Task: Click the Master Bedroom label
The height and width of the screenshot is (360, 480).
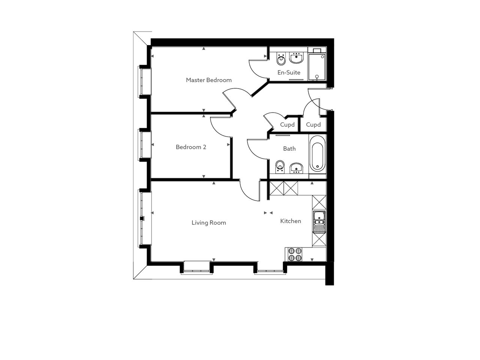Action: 208,80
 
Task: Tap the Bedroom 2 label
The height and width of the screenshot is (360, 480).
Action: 191,147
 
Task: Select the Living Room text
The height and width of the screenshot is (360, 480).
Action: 208,223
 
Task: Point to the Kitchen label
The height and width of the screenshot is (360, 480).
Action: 291,221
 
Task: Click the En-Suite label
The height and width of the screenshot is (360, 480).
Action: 289,73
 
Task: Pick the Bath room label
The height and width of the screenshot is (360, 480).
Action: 289,149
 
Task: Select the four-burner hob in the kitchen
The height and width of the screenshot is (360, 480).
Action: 294,255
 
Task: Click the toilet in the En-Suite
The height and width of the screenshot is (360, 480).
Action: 281,58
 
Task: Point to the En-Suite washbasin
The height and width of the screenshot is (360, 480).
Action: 296,58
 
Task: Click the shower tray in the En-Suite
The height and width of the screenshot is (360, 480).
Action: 317,67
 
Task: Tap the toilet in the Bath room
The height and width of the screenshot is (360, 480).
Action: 280,166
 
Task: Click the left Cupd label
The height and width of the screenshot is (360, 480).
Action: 287,125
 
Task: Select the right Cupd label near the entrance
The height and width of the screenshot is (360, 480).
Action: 313,125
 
